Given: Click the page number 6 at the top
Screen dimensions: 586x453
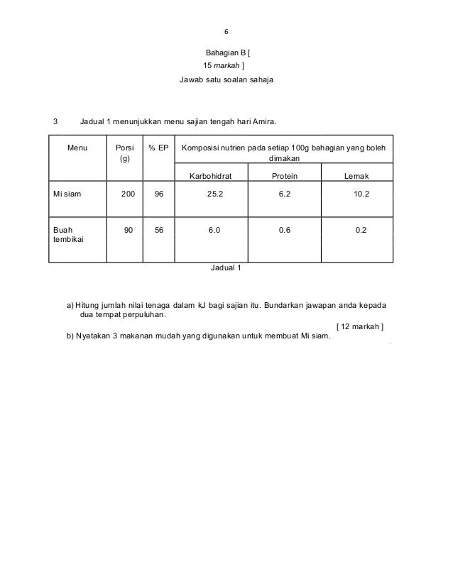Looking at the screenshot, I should (x=226, y=31).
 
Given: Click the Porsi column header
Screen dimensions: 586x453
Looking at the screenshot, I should (x=124, y=154).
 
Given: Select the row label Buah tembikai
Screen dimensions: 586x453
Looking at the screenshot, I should (x=67, y=234).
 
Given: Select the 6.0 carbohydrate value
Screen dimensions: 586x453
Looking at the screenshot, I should (x=214, y=229).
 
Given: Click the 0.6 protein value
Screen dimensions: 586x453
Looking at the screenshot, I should (x=285, y=229).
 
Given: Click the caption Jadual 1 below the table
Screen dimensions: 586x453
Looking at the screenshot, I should (x=226, y=268).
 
